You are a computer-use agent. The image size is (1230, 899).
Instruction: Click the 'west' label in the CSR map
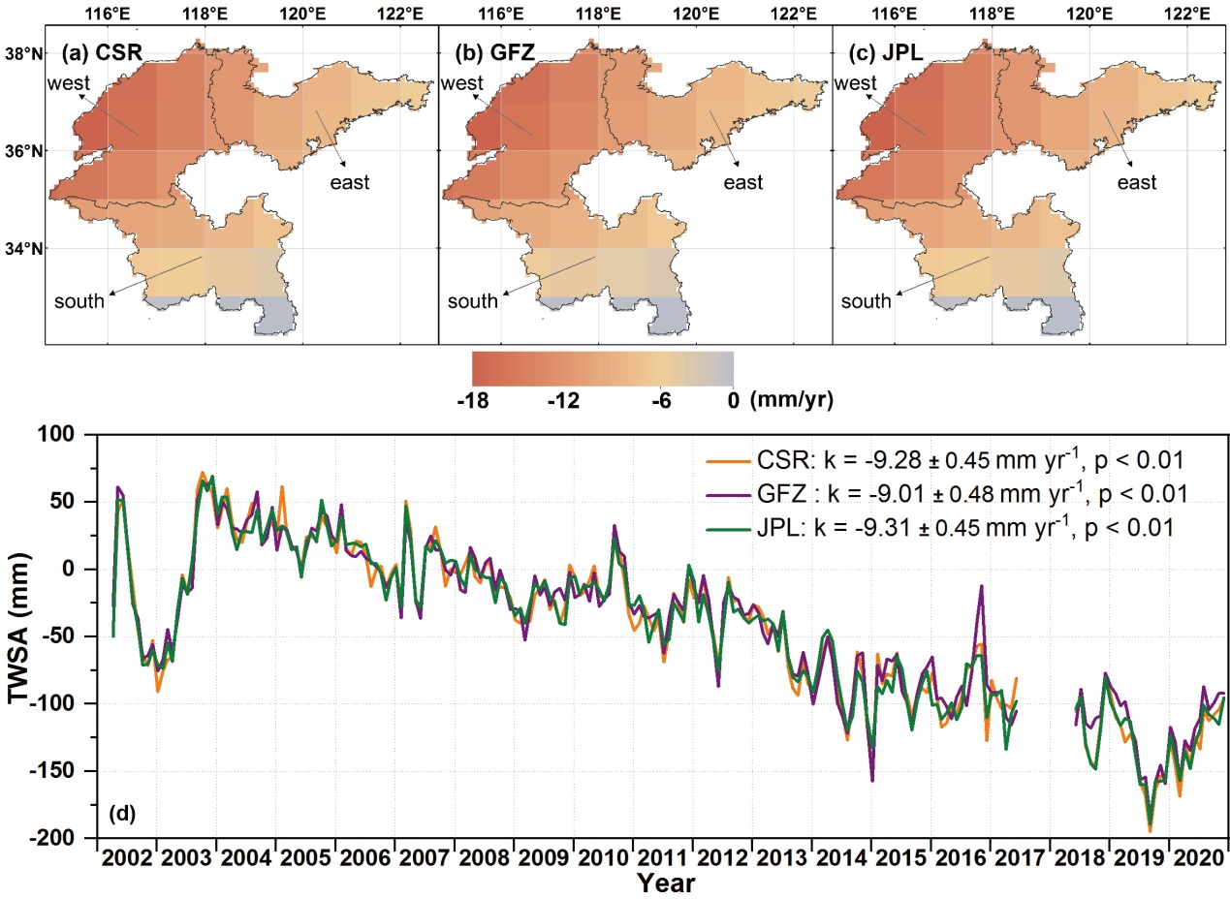pyautogui.click(x=68, y=84)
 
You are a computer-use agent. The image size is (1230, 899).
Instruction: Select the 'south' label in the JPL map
pyautogui.click(x=866, y=301)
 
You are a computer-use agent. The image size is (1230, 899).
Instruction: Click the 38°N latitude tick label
pyautogui.click(x=24, y=54)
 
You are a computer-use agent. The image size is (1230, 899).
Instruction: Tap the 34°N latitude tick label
pyautogui.click(x=24, y=249)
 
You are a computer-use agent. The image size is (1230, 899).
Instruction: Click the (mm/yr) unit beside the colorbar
pyautogui.click(x=791, y=399)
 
